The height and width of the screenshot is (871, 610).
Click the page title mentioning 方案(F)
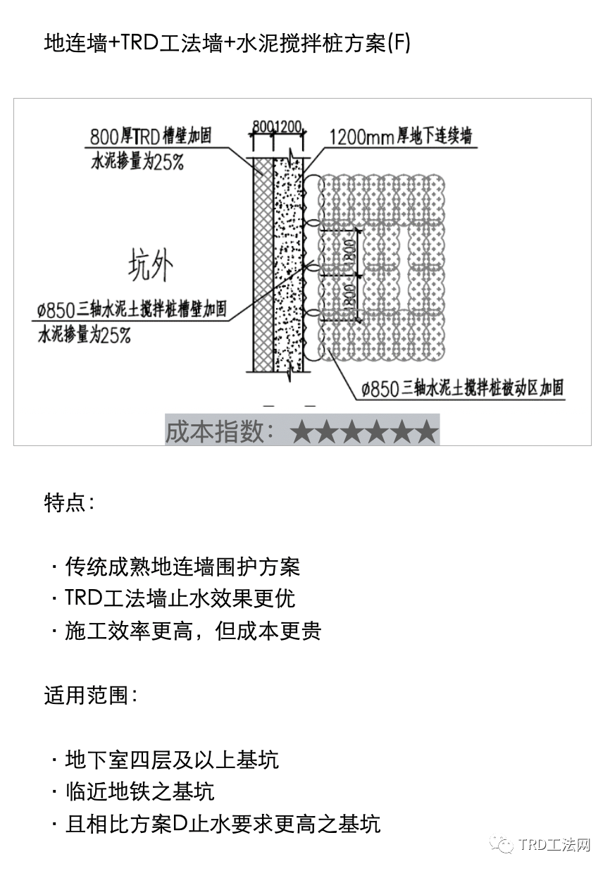coord(227,44)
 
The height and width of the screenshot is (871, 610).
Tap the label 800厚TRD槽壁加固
coord(151,135)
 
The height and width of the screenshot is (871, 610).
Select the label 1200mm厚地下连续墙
coord(399,135)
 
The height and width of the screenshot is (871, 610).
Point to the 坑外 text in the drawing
coord(149,266)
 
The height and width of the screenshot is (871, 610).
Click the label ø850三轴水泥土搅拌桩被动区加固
coord(462,388)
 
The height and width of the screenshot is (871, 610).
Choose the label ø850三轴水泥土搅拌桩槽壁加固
coord(132,309)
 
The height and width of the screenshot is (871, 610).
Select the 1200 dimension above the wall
coord(289,128)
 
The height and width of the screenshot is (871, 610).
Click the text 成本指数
coord(220,431)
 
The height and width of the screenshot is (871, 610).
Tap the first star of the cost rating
coord(302,431)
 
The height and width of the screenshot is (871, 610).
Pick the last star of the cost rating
coord(426,431)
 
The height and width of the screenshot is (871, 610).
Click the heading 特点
coord(69,503)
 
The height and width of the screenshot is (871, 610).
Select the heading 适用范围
coord(90,696)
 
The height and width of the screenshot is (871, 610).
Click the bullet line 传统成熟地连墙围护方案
coord(182,566)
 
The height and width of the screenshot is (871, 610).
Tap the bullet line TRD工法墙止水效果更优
coord(180,598)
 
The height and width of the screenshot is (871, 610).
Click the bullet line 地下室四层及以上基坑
coord(171,760)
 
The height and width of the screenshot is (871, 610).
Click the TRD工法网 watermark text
coord(554,845)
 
